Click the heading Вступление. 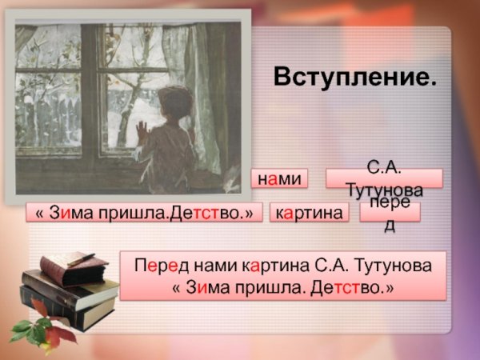click(355, 77)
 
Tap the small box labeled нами click(279, 178)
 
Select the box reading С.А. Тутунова click(384, 178)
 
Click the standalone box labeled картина click(310, 212)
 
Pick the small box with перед click(390, 213)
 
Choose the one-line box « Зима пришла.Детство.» click(144, 212)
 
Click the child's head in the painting click(171, 103)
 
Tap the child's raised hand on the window click(142, 129)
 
